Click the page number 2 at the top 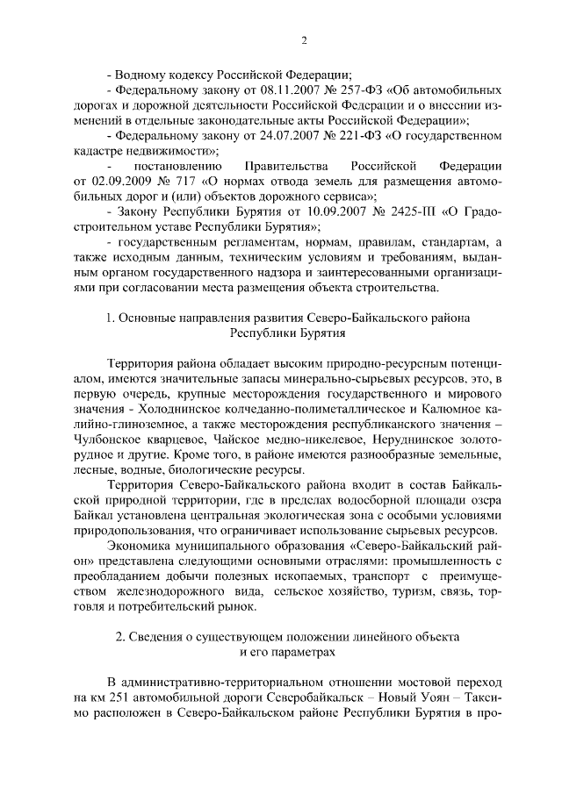click(x=304, y=39)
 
